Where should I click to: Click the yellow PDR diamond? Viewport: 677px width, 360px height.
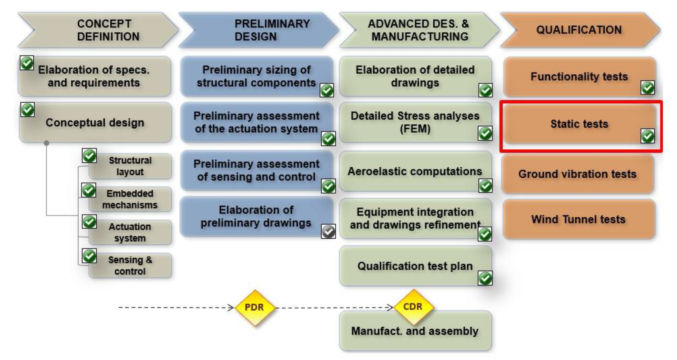254,307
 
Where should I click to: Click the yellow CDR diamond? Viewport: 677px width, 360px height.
413,307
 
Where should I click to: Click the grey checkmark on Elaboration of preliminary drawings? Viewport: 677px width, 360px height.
328,232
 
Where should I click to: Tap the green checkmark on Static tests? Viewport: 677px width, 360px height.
647,136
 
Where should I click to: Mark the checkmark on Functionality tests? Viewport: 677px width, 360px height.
647,88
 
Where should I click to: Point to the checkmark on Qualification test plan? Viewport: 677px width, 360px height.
485,278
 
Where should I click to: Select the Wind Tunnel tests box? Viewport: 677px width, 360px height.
578,219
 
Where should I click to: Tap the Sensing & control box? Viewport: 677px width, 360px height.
130,266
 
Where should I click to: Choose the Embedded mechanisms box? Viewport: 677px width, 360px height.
130,199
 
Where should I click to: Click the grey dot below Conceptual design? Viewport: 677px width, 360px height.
46,143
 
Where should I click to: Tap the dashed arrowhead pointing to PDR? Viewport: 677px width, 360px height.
231,307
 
